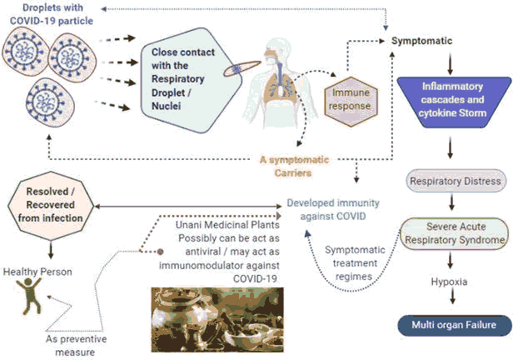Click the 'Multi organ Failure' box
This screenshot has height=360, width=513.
pyautogui.click(x=453, y=324)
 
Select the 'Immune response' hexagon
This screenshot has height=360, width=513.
pyautogui.click(x=346, y=99)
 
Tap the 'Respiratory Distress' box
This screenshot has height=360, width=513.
pyautogui.click(x=455, y=181)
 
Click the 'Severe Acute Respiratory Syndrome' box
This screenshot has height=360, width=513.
pyautogui.click(x=455, y=233)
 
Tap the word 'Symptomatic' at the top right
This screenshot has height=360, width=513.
pyautogui.click(x=422, y=41)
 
